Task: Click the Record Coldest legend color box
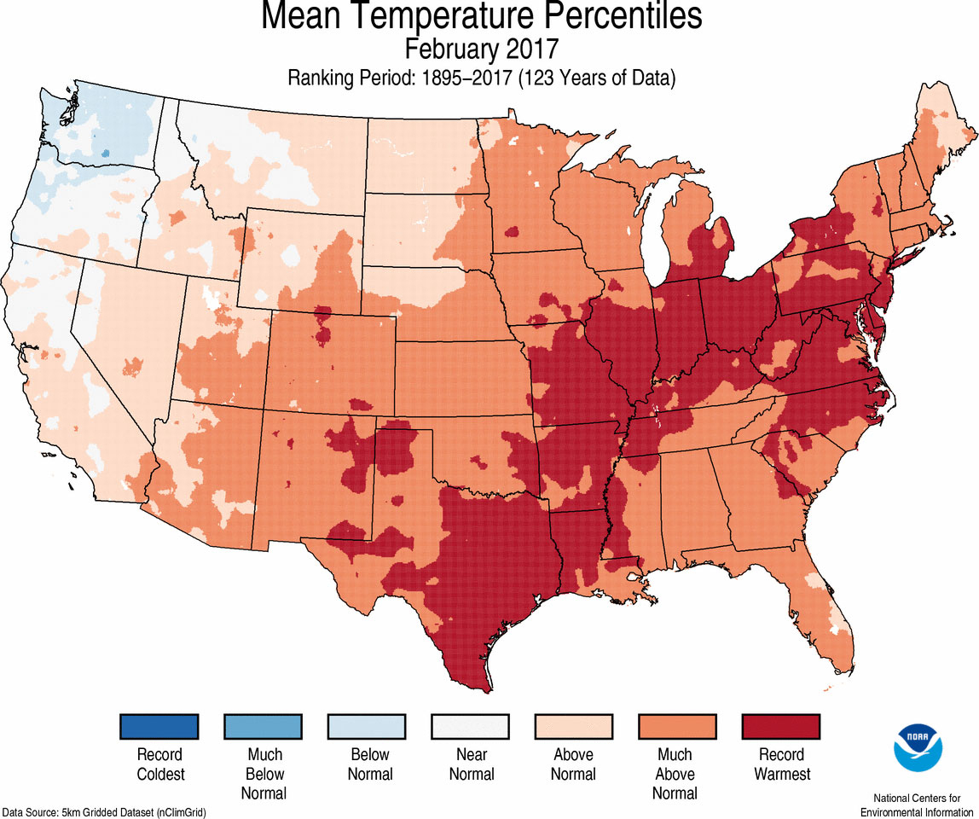[x=159, y=727]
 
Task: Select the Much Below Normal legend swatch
[x=263, y=727]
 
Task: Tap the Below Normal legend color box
[x=367, y=727]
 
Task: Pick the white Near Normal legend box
[x=471, y=727]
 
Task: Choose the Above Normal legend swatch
[x=574, y=727]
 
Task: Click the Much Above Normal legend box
[x=678, y=727]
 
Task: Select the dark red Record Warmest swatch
[x=781, y=727]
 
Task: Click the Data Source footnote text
[x=103, y=811]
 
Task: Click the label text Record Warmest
[x=781, y=764]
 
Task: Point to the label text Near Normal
[x=471, y=764]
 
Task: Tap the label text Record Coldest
[x=159, y=764]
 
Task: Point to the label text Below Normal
[x=369, y=764]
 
